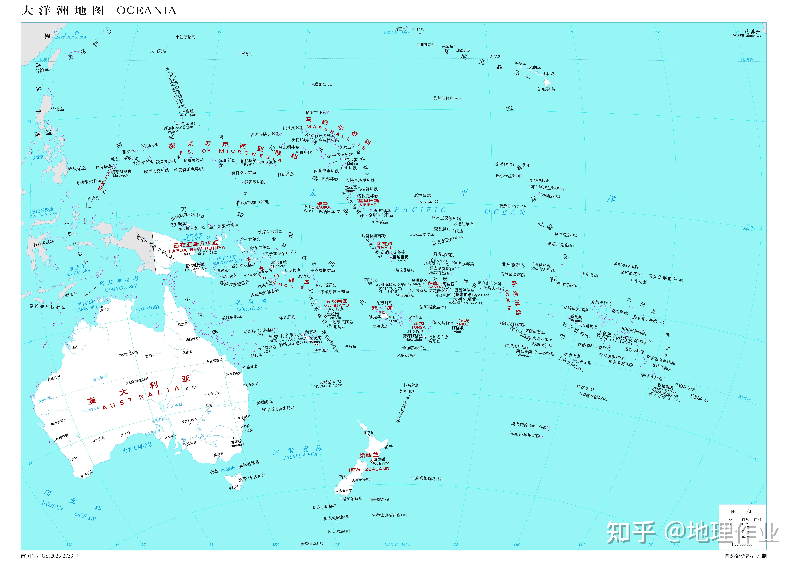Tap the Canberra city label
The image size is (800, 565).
pyautogui.click(x=237, y=445)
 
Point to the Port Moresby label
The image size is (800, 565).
pyautogui.click(x=195, y=269)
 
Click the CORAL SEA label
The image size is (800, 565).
pyautogui.click(x=252, y=308)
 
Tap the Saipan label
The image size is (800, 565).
pyautogui.click(x=191, y=115)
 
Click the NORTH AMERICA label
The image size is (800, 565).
pyautogui.click(x=747, y=36)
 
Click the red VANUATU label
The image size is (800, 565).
pyautogui.click(x=336, y=306)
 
